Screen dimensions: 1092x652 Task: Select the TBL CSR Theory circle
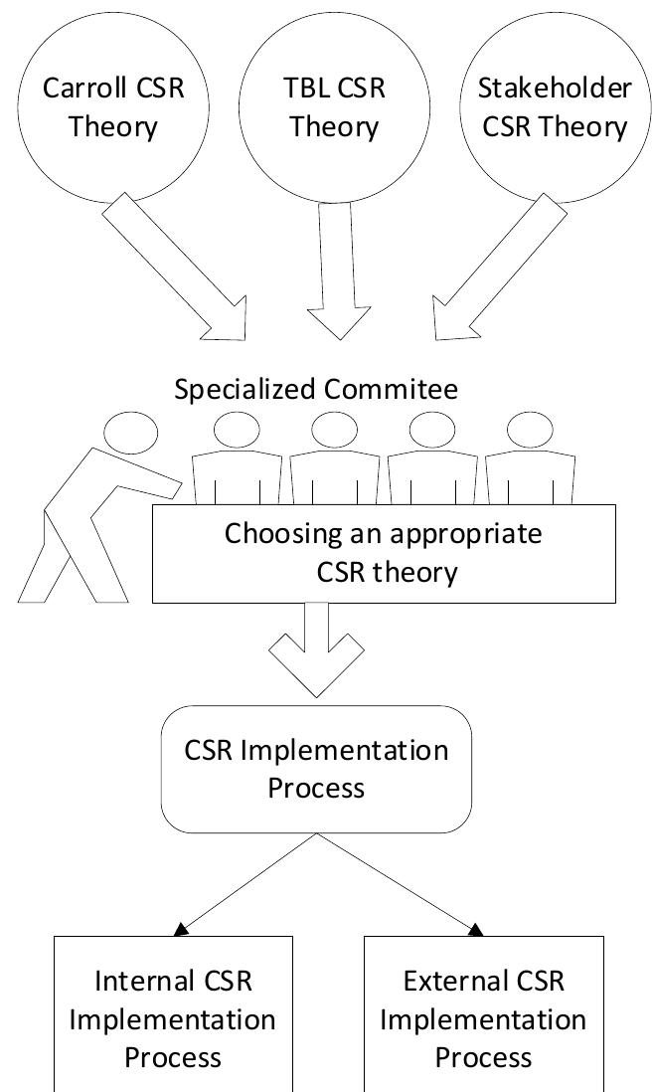(x=335, y=106)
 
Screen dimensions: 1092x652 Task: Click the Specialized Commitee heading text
(x=316, y=389)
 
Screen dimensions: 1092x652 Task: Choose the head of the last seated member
(x=530, y=430)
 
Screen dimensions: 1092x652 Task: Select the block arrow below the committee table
(x=320, y=651)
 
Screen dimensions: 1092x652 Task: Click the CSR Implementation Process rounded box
(x=316, y=768)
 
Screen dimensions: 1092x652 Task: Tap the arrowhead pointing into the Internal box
(x=181, y=929)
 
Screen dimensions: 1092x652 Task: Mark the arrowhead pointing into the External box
(x=476, y=929)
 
